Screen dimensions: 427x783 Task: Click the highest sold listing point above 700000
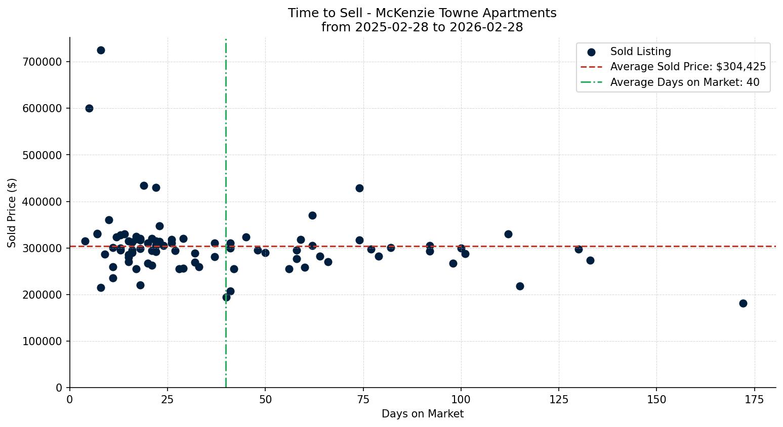[101, 50]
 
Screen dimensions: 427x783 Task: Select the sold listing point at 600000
[89, 108]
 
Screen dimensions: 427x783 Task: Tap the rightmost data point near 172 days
[743, 303]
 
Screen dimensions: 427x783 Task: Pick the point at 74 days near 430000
[359, 188]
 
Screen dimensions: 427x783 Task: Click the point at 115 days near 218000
[520, 286]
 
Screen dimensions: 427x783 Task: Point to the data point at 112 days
[508, 234]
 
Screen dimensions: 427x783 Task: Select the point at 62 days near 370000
[312, 215]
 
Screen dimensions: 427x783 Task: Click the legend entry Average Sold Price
[688, 67]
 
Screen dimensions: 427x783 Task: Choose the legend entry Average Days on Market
[684, 82]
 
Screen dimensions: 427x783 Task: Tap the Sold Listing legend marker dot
[591, 52]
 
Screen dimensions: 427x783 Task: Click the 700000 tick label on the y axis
[42, 62]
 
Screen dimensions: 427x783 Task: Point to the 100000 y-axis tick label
[42, 341]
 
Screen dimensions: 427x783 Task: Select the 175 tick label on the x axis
[755, 399]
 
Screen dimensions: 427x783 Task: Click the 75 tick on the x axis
[363, 399]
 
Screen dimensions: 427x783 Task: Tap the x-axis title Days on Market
[423, 414]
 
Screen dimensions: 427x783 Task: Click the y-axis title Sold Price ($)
[12, 212]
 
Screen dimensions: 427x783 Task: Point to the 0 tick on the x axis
[70, 399]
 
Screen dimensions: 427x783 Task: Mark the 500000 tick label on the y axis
[42, 155]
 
